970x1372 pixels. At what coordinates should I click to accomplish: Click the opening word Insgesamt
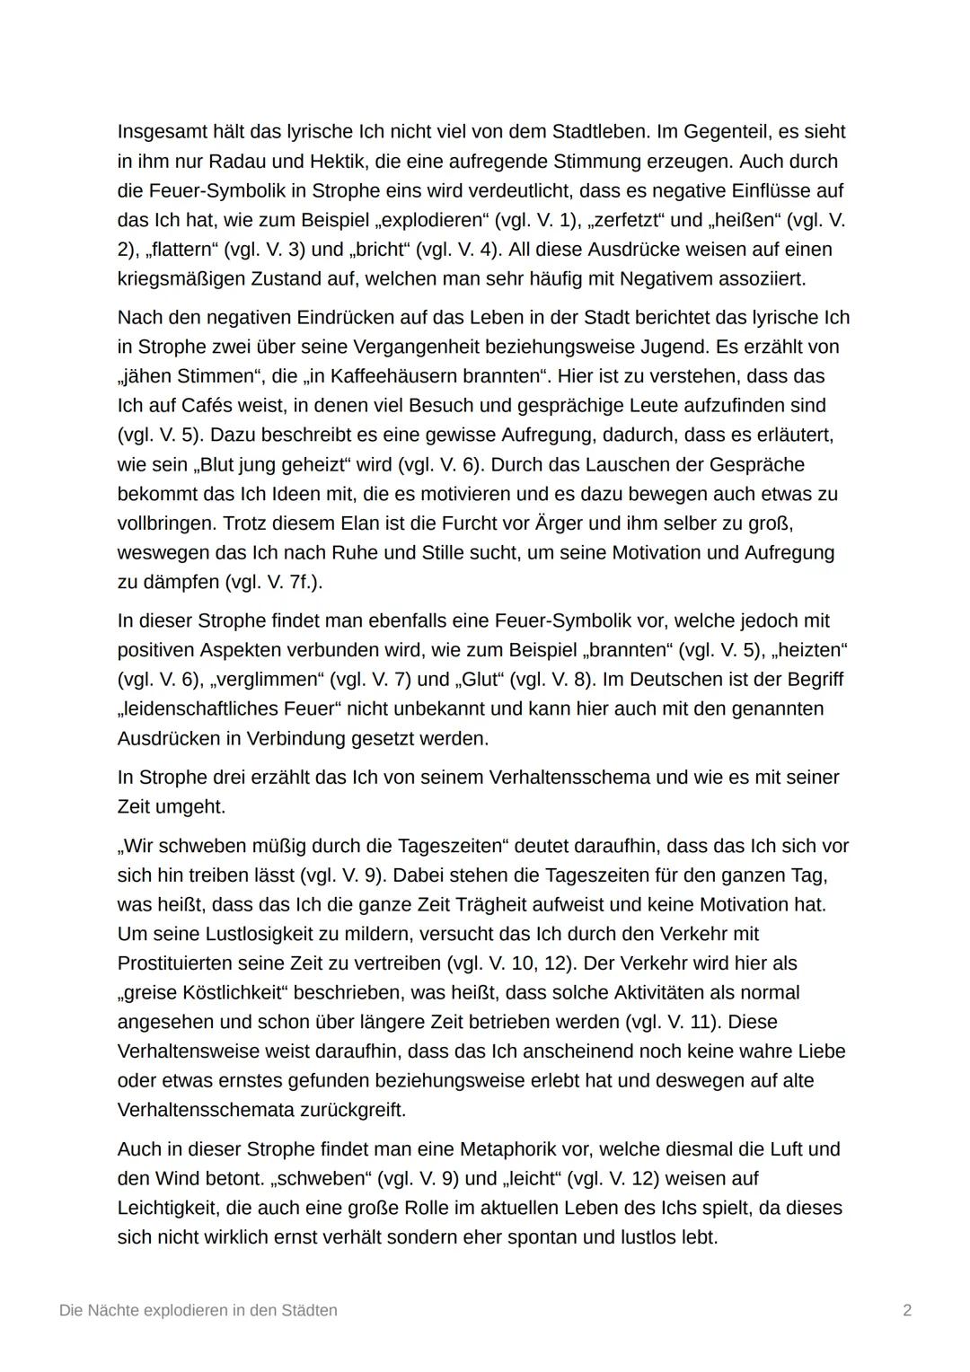[162, 132]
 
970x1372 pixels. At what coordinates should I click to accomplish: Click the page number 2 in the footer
[907, 1310]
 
